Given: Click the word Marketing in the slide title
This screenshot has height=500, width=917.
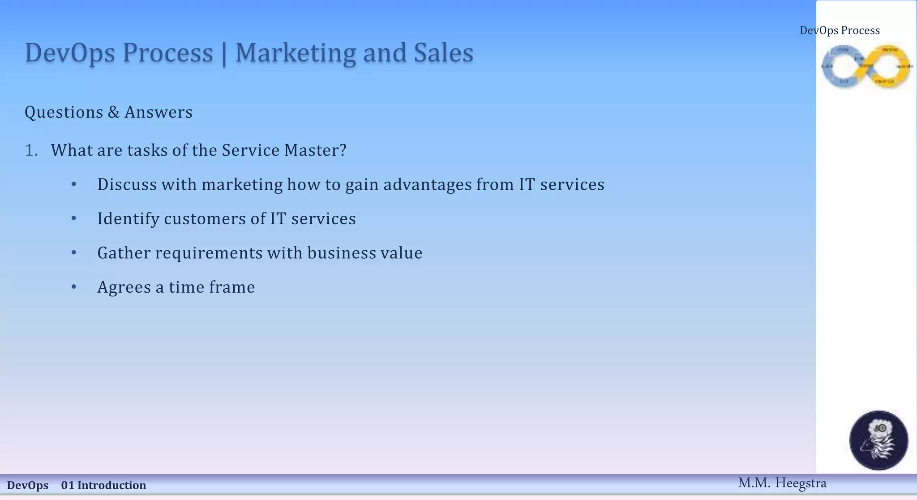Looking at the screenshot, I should pyautogui.click(x=296, y=53).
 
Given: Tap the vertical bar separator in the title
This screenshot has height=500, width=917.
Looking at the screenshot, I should pyautogui.click(x=224, y=54).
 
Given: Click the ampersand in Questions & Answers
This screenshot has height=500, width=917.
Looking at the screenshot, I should pyautogui.click(x=114, y=112).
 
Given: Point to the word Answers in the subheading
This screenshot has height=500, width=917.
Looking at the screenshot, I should pyautogui.click(x=159, y=112).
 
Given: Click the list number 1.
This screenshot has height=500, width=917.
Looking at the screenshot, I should pyautogui.click(x=31, y=150).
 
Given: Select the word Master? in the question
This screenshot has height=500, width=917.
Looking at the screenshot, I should pyautogui.click(x=315, y=150).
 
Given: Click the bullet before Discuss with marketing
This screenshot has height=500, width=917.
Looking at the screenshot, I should pyautogui.click(x=74, y=184).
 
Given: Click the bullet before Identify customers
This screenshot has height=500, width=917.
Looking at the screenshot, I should pyautogui.click(x=74, y=218).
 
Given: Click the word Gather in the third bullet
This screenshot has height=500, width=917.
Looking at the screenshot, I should pyautogui.click(x=124, y=253).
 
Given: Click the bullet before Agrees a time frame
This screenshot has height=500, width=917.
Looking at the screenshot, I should pyautogui.click(x=74, y=287).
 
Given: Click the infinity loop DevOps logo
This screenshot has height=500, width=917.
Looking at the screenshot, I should pyautogui.click(x=866, y=66).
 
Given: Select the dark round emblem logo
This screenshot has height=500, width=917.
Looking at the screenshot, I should pyautogui.click(x=878, y=440).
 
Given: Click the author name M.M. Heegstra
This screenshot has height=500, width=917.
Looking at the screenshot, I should pyautogui.click(x=782, y=483).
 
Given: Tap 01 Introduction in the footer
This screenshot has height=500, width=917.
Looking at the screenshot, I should pyautogui.click(x=103, y=485).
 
